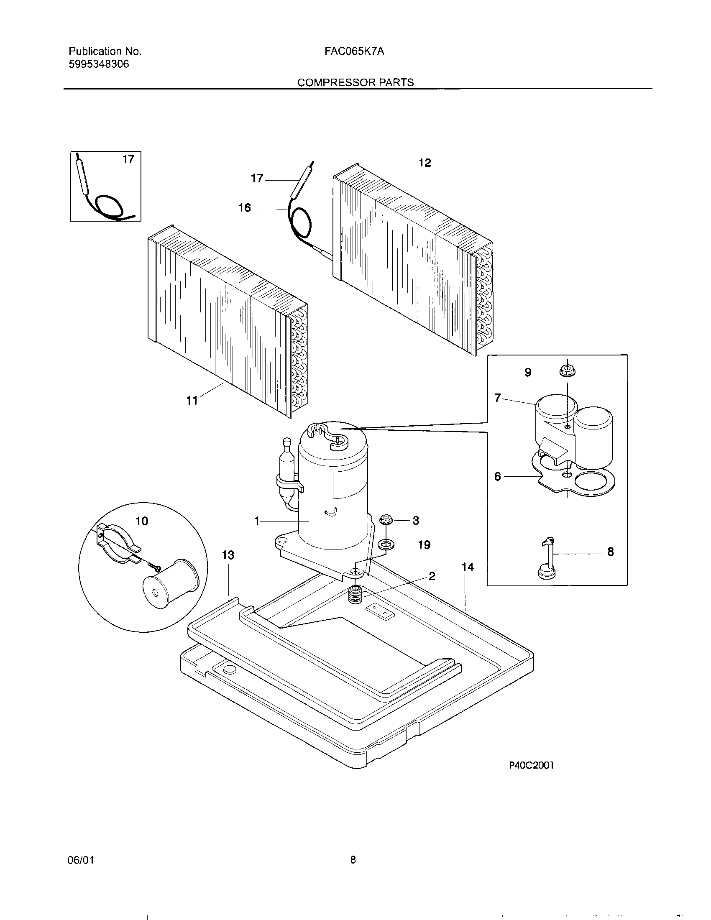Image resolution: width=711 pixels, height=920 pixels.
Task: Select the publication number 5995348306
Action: click(x=99, y=64)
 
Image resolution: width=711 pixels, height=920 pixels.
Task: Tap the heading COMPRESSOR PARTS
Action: click(x=355, y=82)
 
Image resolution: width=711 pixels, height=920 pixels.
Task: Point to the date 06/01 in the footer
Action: click(x=80, y=860)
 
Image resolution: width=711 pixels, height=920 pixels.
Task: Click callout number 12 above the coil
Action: click(x=425, y=163)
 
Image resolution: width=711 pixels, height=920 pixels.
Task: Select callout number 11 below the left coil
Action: click(x=192, y=401)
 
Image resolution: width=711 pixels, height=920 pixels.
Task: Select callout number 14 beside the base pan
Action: click(x=468, y=567)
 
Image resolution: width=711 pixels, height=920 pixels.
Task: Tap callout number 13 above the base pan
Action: click(x=228, y=555)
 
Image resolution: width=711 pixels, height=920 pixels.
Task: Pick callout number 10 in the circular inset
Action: click(x=141, y=521)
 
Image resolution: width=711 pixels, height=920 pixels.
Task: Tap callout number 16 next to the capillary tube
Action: click(x=245, y=208)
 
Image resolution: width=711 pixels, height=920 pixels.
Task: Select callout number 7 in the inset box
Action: click(x=497, y=397)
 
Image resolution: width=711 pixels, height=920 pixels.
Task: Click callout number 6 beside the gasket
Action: click(x=497, y=476)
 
